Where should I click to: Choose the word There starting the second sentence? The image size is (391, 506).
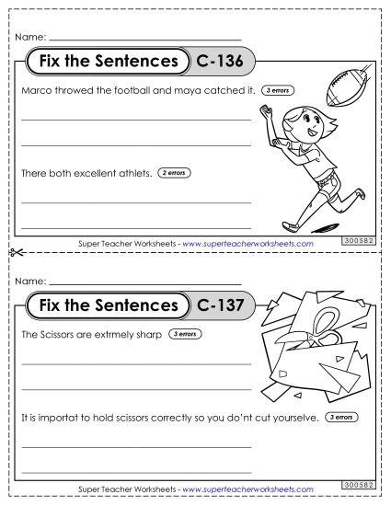coord(34,172)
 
